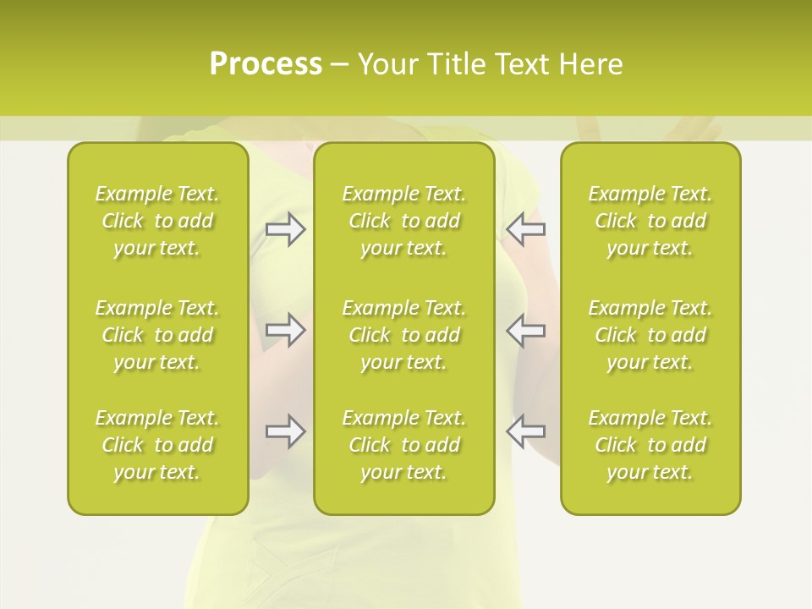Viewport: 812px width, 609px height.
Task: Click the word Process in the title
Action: tap(266, 64)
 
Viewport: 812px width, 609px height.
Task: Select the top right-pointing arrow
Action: tap(286, 229)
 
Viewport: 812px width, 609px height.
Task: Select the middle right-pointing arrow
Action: tap(286, 329)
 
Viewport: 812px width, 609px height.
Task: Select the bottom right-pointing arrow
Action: tap(286, 431)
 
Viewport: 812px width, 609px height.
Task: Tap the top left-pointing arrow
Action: tap(525, 229)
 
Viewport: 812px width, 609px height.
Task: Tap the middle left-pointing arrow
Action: tap(525, 329)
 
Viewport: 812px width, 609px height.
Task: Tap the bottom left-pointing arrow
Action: tap(525, 431)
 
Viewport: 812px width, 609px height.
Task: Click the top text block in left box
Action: tap(157, 221)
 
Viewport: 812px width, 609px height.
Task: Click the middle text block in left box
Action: tap(157, 335)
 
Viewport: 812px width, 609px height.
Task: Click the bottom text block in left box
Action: tap(157, 445)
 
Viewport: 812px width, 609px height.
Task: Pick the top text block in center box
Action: tap(403, 221)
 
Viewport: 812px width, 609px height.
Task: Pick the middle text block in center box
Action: tap(403, 335)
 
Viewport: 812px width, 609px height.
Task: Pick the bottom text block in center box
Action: tap(403, 445)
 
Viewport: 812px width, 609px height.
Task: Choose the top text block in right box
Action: tap(650, 221)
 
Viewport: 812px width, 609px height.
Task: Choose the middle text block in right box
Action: tap(650, 335)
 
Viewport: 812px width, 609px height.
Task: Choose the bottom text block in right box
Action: tap(650, 445)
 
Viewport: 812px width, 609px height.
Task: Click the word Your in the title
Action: tap(387, 64)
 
